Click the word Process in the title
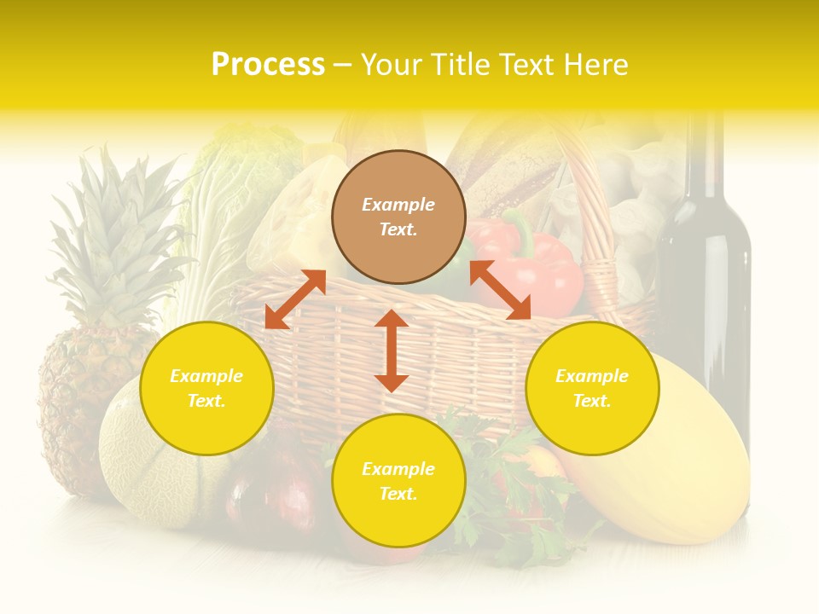click(x=268, y=65)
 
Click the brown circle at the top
click(x=398, y=217)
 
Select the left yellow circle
click(x=206, y=388)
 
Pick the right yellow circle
click(x=592, y=388)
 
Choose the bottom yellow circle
click(x=398, y=481)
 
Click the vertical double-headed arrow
click(x=392, y=350)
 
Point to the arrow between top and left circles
click(x=295, y=299)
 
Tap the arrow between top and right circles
click(x=500, y=290)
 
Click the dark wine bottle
click(x=706, y=281)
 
